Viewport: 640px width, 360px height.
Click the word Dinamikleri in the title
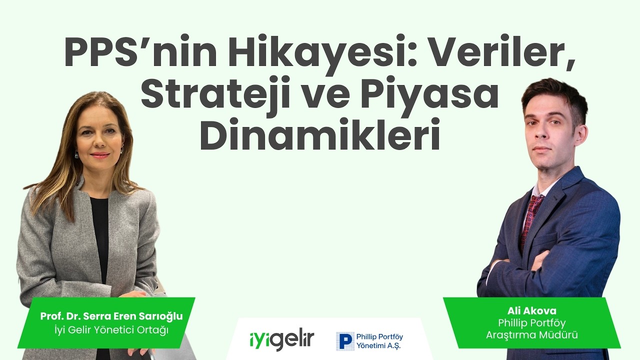pos(320,135)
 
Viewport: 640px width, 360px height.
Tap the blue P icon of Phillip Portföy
pos(344,341)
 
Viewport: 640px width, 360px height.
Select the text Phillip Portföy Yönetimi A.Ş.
pos(379,341)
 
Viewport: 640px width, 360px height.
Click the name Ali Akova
pos(531,311)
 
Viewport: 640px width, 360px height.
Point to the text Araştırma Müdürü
pos(531,335)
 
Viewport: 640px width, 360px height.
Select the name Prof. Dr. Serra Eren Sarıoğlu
pos(111,316)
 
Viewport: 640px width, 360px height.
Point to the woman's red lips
pos(100,155)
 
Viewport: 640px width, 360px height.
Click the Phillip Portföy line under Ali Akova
pos(531,323)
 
